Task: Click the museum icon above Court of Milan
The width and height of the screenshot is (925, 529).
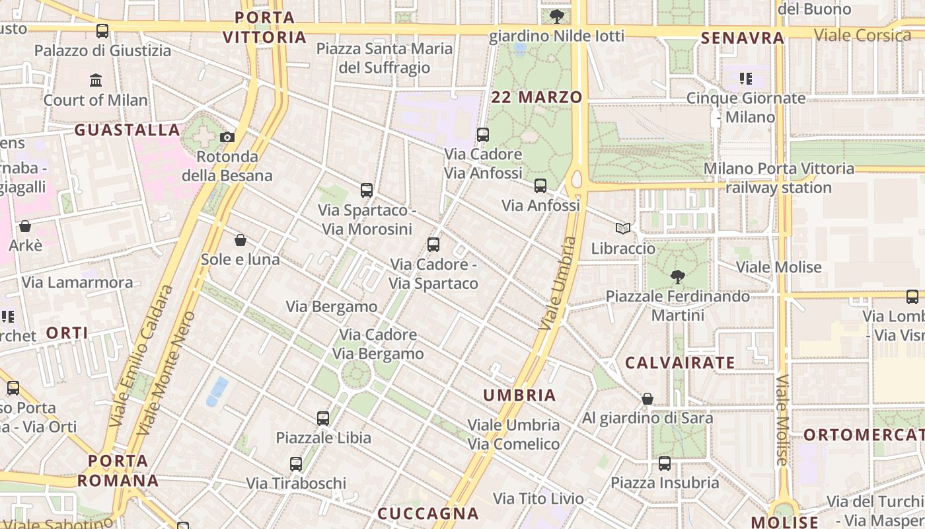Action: (x=96, y=80)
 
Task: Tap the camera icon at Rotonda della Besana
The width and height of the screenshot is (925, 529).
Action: (x=227, y=137)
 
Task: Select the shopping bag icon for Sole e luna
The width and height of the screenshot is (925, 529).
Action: (x=240, y=239)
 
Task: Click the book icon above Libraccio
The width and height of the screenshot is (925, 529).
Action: (x=622, y=228)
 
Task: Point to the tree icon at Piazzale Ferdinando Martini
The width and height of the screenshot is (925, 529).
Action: (x=677, y=276)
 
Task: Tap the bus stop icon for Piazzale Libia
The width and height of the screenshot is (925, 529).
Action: (x=323, y=418)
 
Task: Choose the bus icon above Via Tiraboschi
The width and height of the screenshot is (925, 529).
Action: (x=296, y=464)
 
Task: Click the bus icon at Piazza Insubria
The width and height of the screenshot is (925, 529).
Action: (x=665, y=463)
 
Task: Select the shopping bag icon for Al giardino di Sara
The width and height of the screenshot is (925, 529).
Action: (x=647, y=398)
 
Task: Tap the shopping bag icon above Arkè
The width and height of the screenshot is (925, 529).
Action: (x=25, y=226)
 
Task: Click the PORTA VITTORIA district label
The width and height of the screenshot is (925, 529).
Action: (x=264, y=27)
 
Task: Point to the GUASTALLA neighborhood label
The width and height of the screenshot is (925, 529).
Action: (x=127, y=130)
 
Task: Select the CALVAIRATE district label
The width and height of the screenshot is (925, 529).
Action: (x=680, y=363)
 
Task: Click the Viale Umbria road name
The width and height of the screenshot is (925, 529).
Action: (x=558, y=284)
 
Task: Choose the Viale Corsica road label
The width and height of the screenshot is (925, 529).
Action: (x=862, y=35)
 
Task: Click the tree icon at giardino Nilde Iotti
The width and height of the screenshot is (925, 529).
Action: (x=557, y=16)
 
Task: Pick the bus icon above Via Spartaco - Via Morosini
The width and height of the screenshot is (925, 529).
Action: (x=367, y=190)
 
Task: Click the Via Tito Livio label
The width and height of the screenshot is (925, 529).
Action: (x=538, y=499)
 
